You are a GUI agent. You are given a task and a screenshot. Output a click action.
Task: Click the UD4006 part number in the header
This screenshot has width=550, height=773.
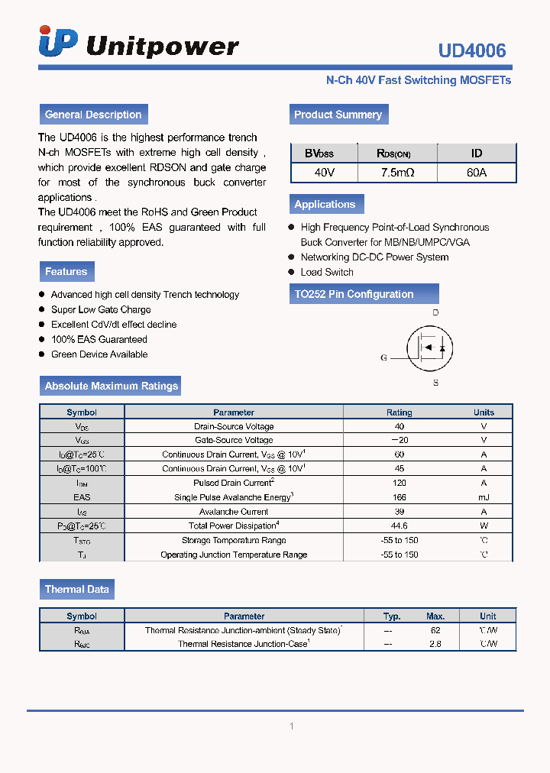click(x=471, y=50)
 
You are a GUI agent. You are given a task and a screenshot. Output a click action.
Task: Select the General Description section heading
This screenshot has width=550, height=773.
click(x=93, y=115)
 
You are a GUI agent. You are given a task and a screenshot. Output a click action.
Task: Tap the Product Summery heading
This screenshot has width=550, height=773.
click(x=338, y=115)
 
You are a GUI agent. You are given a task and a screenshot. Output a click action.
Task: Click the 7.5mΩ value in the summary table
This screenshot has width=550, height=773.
click(x=397, y=173)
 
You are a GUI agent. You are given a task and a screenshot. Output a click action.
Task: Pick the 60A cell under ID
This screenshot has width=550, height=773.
click(x=477, y=173)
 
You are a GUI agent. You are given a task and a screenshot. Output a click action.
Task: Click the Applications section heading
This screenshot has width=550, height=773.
click(x=325, y=204)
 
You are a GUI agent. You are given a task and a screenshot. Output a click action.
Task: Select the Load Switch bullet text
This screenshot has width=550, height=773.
click(x=327, y=272)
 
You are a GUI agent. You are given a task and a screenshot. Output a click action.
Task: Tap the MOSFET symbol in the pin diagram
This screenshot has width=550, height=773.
click(x=432, y=348)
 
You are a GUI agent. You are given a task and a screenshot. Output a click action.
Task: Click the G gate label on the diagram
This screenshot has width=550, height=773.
click(x=383, y=357)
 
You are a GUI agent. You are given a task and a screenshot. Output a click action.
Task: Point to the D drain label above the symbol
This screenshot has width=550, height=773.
click(x=435, y=312)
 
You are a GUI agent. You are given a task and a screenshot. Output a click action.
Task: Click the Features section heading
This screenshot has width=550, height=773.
click(x=66, y=271)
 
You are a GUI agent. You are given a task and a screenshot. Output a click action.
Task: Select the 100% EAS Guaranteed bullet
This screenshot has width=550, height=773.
click(x=99, y=339)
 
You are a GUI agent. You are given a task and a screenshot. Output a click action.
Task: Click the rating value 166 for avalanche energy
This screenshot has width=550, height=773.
click(x=399, y=497)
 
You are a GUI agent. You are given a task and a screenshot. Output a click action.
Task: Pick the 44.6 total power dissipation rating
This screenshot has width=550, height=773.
click(x=399, y=526)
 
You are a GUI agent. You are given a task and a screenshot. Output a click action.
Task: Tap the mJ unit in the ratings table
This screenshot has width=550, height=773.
click(x=484, y=497)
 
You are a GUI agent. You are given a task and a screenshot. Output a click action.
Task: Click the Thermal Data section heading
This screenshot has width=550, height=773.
click(x=76, y=589)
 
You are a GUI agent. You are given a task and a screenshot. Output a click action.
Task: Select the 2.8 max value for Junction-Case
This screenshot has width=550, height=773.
click(x=435, y=644)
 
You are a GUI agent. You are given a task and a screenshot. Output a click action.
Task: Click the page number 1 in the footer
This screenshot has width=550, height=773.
click(x=291, y=726)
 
